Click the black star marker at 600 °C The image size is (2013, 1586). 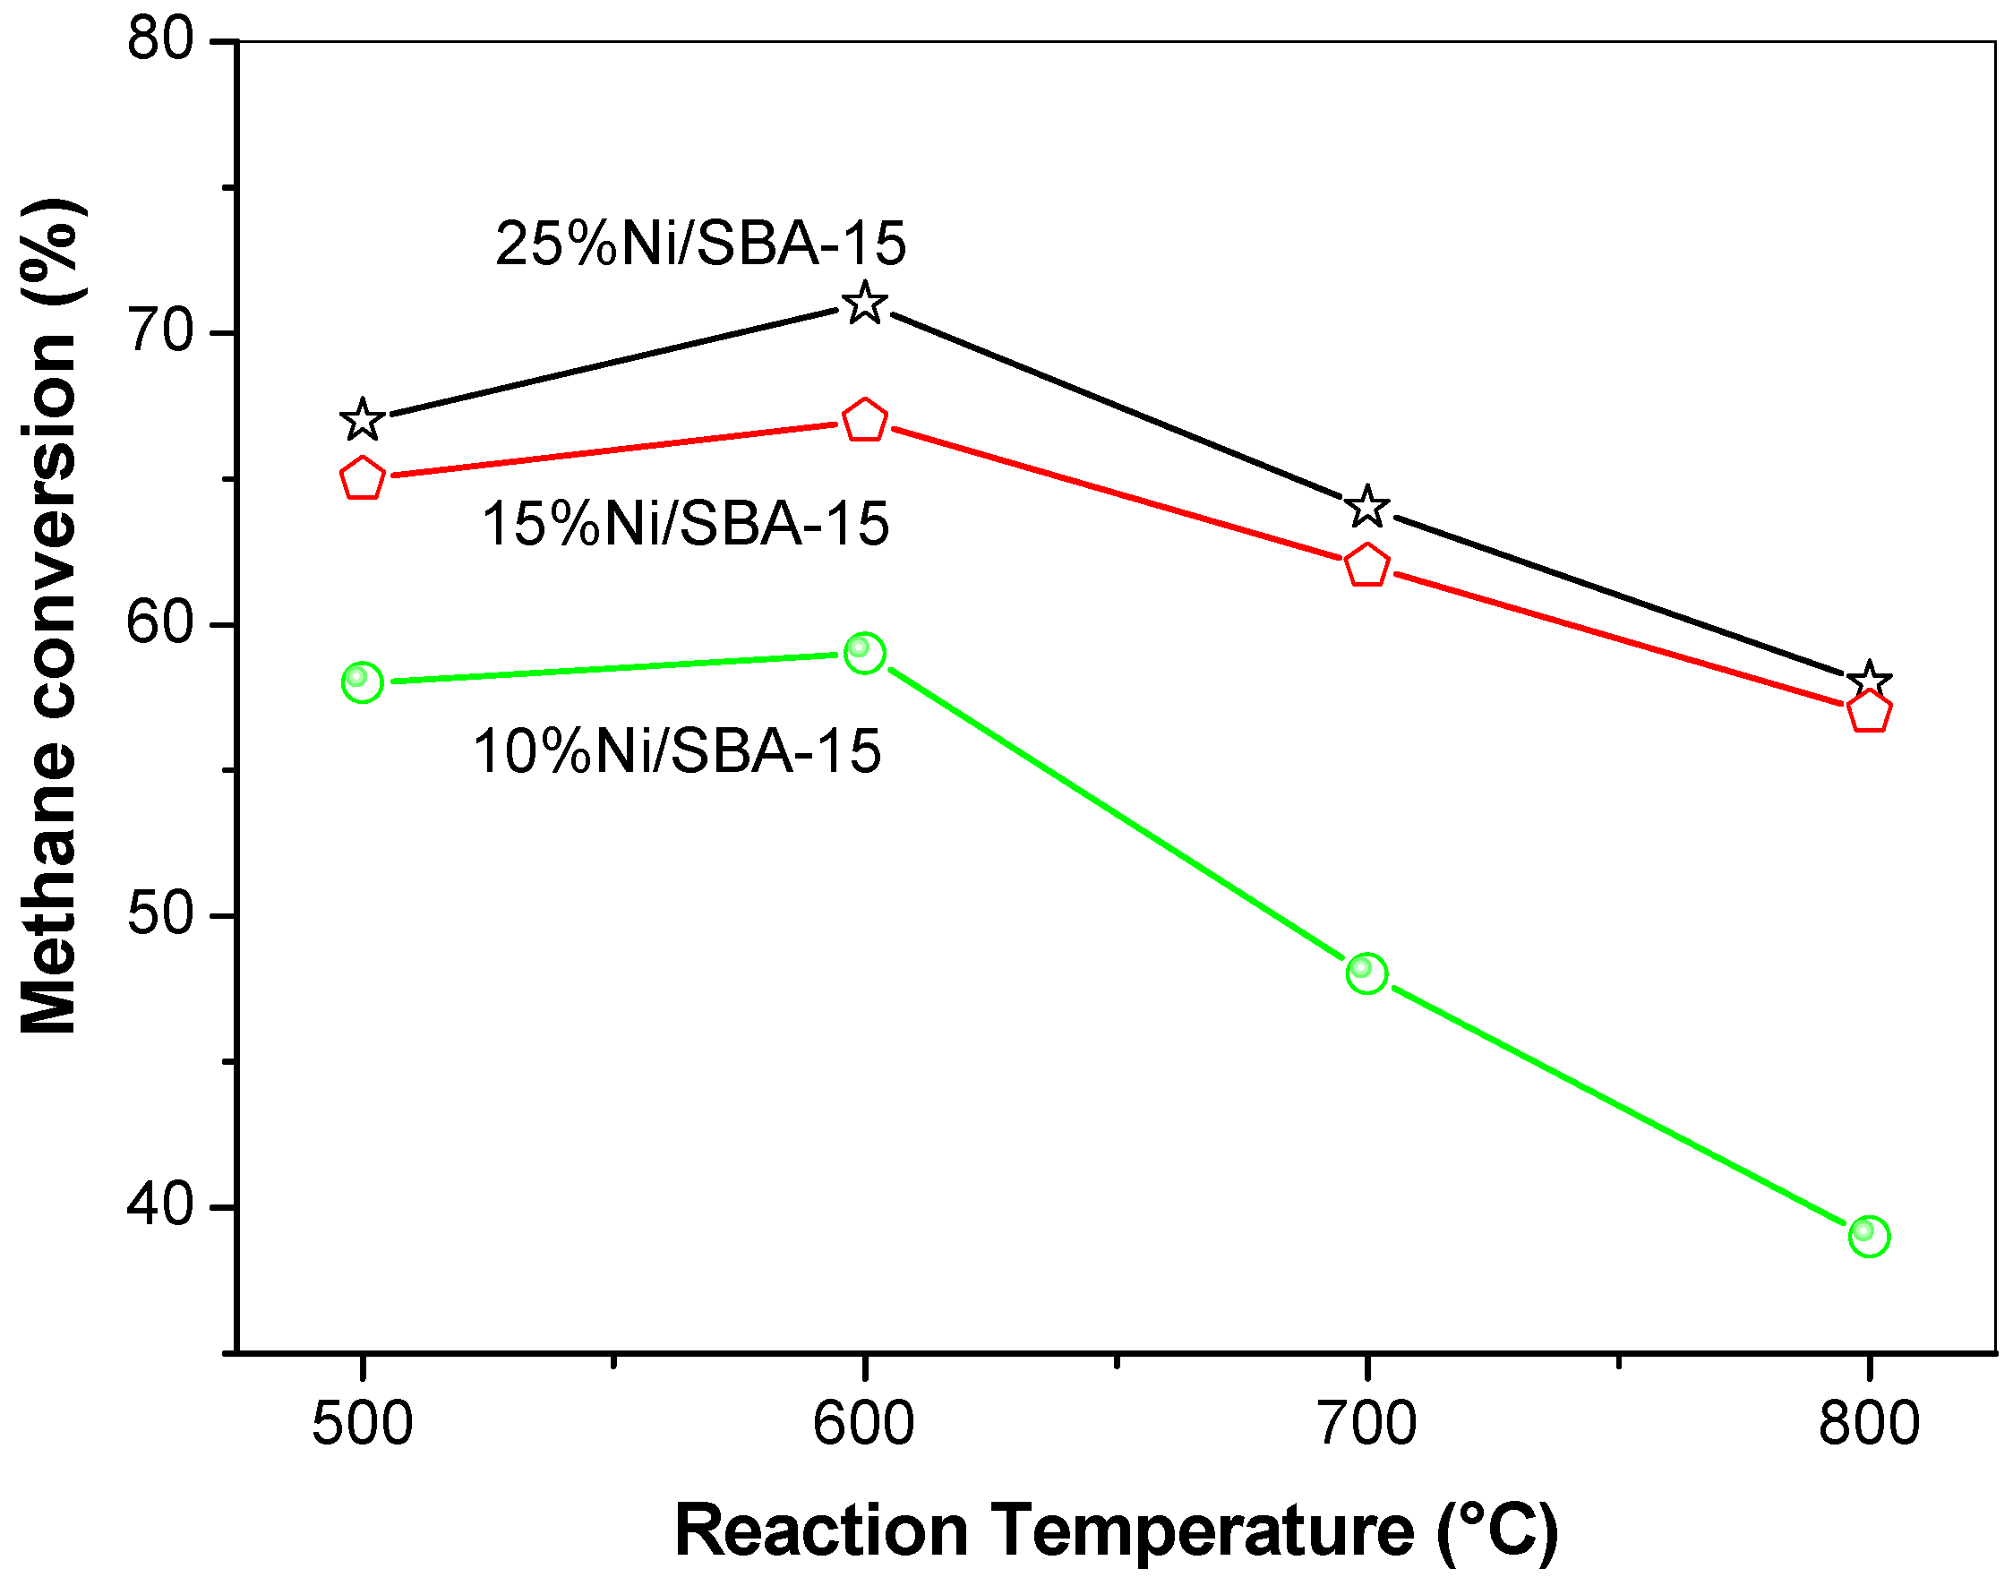865,304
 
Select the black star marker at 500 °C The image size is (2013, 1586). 362,421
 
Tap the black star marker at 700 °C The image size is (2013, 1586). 1366,507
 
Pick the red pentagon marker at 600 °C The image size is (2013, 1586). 865,422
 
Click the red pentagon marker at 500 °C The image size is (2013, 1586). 362,479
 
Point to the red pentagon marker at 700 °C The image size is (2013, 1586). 1366,565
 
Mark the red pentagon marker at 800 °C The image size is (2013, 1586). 1869,713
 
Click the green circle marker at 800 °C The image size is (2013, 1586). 1869,1236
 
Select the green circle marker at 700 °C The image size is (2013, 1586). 1366,973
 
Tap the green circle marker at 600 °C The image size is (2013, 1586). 865,654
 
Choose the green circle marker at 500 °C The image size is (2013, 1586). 362,682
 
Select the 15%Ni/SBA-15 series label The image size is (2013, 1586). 685,525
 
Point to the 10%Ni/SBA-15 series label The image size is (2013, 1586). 677,751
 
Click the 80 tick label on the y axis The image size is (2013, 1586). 159,41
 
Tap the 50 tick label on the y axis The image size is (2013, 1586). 159,914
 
